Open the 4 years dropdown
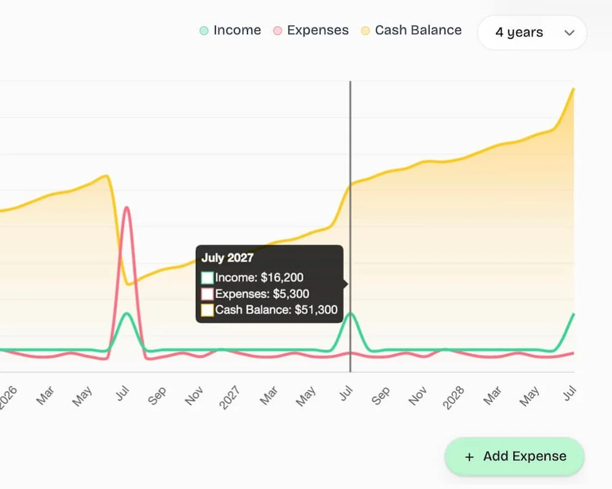[x=531, y=32]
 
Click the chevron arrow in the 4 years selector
[x=569, y=33]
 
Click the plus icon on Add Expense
[x=469, y=457]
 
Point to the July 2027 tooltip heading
[x=227, y=258]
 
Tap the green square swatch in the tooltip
[x=207, y=278]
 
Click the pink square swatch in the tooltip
[x=207, y=294]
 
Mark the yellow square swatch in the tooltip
[x=207, y=310]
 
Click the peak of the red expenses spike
[x=126, y=207]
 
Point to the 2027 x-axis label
[x=229, y=398]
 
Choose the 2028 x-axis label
[x=453, y=398]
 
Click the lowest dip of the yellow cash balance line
[x=128, y=284]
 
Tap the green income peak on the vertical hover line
[x=351, y=313]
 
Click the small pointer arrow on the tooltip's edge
[x=345, y=284]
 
